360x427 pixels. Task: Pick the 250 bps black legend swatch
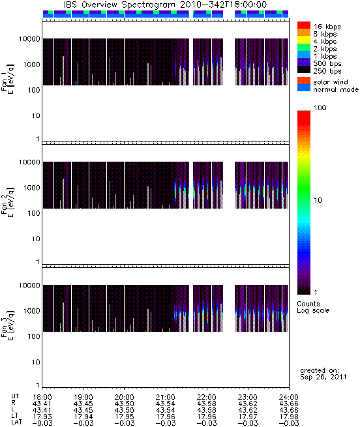304,70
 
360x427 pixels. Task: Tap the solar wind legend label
331,82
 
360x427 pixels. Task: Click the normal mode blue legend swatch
304,88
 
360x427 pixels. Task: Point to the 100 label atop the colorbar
320,108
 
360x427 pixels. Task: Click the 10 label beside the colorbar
318,200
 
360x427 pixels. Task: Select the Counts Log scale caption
313,307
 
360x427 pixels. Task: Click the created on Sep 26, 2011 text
323,374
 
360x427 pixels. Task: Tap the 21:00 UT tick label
166,397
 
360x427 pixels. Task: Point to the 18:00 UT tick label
42,397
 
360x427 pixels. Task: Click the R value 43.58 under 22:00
207,404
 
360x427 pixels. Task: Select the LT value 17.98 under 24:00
289,417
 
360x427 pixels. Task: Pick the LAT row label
16,423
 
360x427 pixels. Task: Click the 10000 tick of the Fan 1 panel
29,39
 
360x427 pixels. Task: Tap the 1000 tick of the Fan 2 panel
31,188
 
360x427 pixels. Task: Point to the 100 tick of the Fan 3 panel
34,336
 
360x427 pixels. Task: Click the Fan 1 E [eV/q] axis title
8,79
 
